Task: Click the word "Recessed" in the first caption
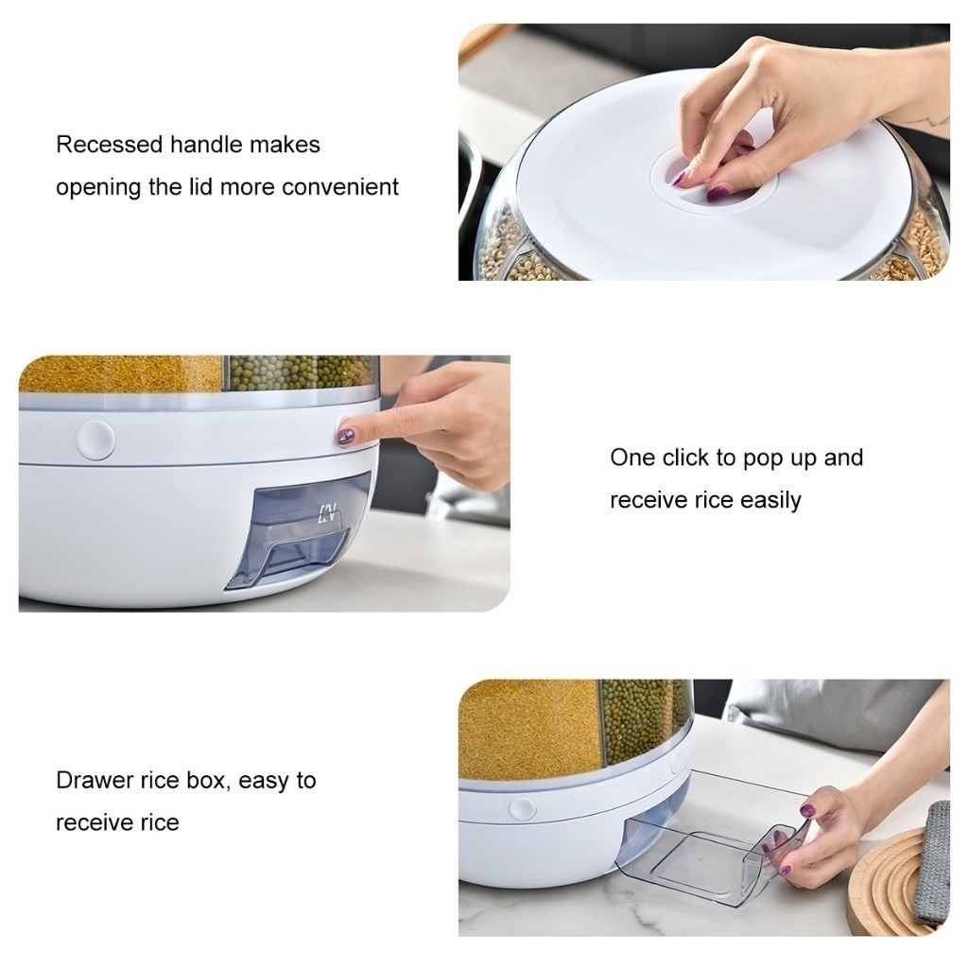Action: [110, 145]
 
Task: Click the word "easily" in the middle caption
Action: [770, 501]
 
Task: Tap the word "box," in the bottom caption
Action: [208, 781]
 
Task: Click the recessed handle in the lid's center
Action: [715, 179]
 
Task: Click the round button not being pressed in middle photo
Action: [95, 440]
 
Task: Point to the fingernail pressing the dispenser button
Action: [344, 437]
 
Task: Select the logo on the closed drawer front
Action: [326, 513]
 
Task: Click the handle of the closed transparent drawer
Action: [302, 545]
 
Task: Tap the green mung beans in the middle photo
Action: [302, 372]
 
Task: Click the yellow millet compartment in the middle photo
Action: [120, 373]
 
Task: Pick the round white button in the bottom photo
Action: [522, 809]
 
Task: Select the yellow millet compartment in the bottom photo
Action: [529, 729]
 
